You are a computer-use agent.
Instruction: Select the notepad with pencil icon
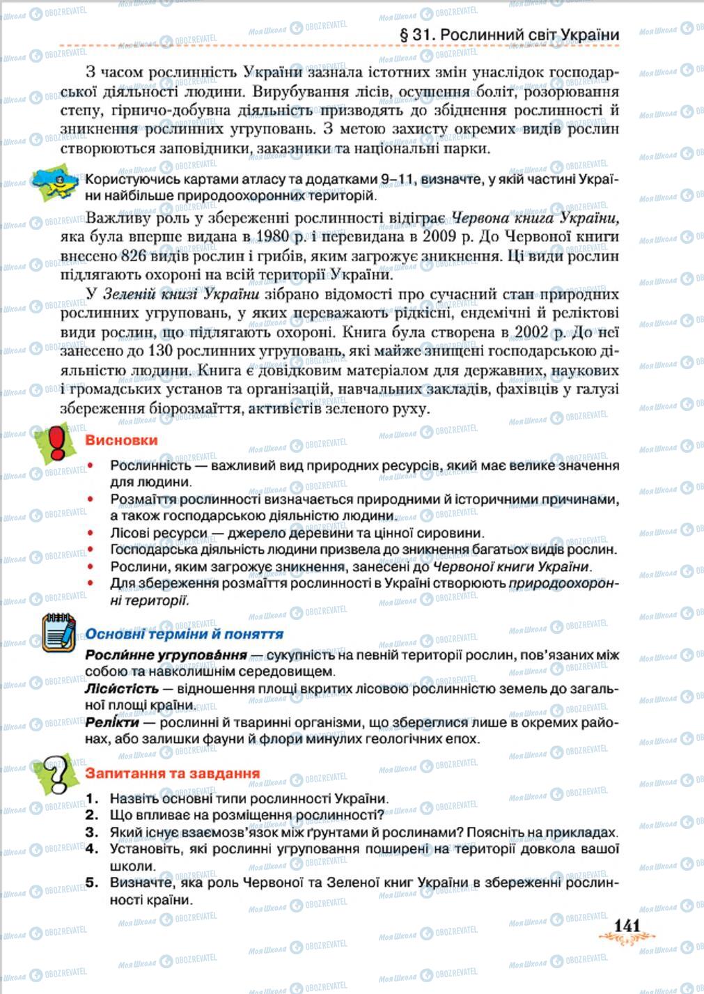[58, 632]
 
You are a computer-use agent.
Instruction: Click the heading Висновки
[121, 440]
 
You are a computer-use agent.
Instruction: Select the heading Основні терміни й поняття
[184, 634]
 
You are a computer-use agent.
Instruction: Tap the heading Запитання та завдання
[172, 773]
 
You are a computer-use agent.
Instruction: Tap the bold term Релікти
[111, 722]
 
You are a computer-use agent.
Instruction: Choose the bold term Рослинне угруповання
[166, 655]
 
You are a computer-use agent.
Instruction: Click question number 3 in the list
[93, 832]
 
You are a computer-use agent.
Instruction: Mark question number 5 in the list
[93, 883]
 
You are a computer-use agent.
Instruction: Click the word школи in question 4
[132, 866]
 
